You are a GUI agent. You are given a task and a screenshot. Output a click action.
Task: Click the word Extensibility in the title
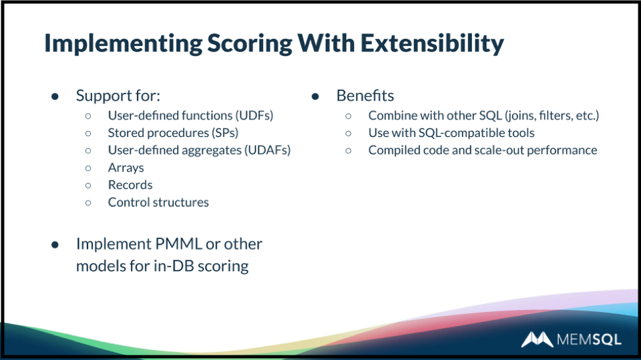pos(432,43)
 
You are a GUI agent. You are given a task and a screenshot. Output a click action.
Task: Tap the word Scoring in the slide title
pos(250,43)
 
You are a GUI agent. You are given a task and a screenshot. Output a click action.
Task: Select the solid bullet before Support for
pos(55,97)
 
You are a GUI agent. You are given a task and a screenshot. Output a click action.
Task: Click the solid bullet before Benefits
pos(315,97)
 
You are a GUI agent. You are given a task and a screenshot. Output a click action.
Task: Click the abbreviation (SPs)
pos(225,133)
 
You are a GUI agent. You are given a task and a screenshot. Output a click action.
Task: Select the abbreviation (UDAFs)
pos(267,150)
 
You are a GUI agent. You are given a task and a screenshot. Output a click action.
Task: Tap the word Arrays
pos(126,168)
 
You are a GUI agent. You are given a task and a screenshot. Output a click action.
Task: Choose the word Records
pos(130,185)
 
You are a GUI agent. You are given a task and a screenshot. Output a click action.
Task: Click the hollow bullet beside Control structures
pos(88,202)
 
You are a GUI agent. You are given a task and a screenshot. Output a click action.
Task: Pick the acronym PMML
pos(179,244)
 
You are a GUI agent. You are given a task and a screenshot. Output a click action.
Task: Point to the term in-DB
pos(174,266)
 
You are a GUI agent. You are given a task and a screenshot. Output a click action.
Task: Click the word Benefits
pos(365,96)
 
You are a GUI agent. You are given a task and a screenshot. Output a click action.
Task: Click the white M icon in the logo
pos(537,339)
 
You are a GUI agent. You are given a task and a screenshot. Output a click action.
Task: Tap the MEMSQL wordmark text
pos(589,339)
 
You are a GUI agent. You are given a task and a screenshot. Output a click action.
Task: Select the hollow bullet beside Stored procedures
pos(88,134)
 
